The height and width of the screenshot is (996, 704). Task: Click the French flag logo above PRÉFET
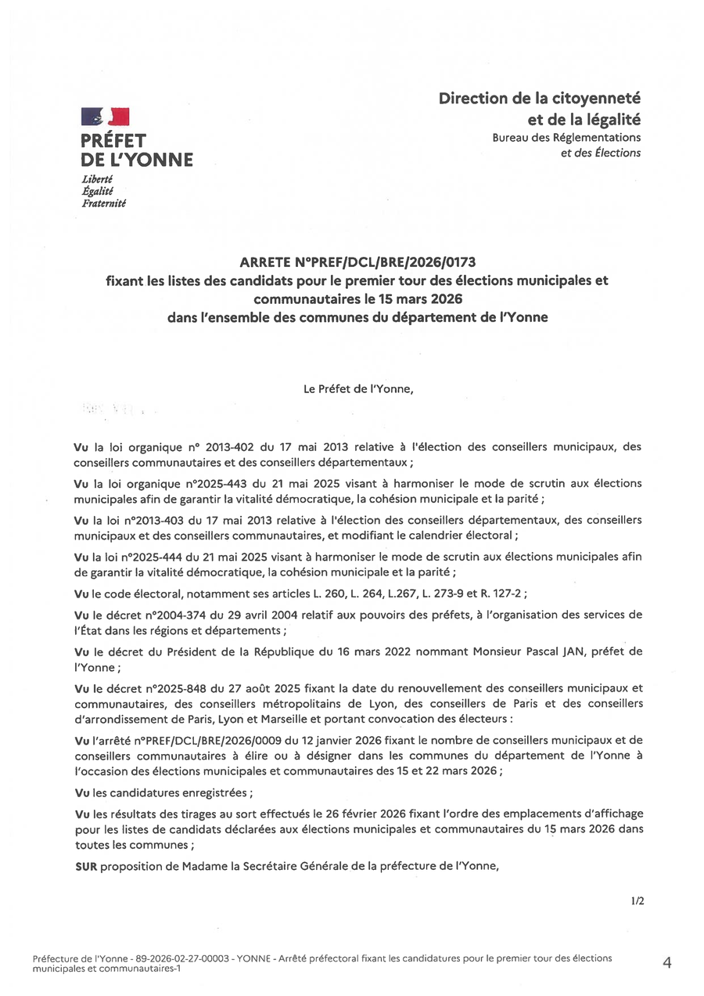pos(105,118)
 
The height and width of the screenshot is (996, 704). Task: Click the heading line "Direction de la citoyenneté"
pos(539,99)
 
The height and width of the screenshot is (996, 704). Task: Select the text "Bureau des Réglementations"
pos(566,138)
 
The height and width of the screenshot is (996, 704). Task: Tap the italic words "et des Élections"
pos(600,153)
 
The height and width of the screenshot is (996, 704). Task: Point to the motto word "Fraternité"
pos(104,203)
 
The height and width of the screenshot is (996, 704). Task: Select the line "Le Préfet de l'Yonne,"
pos(358,387)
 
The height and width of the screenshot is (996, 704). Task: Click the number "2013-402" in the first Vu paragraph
pos(230,447)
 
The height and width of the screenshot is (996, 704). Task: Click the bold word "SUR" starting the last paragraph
pos(84,867)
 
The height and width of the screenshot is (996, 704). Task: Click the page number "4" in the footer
pos(666,963)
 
